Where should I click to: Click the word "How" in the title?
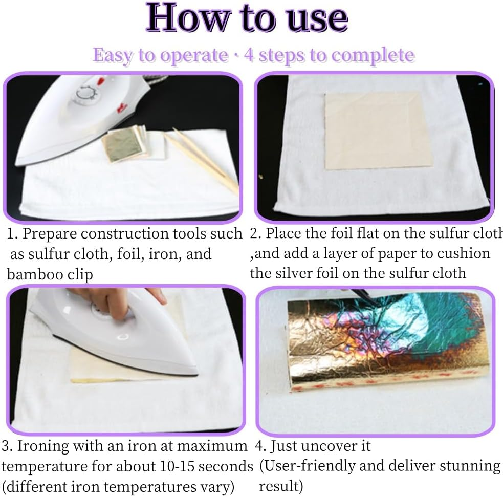coord(189,17)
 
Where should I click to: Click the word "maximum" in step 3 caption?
coord(212,446)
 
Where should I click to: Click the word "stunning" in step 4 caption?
coord(470,466)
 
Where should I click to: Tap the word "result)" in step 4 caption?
coord(281,486)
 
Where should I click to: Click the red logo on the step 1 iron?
coord(121,109)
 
